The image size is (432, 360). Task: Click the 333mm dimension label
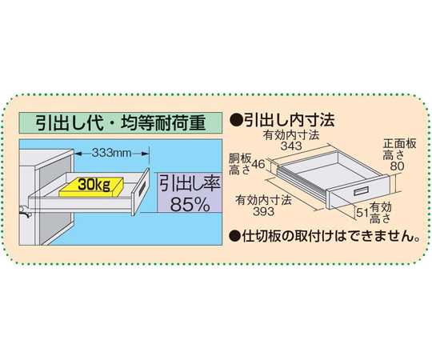coord(111,152)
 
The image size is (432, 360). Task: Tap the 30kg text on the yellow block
coord(94,184)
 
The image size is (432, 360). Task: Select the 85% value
coord(190,204)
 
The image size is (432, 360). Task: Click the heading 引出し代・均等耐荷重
coord(121,123)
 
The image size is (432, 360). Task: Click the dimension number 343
coord(291,146)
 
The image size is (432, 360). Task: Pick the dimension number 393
coord(264,211)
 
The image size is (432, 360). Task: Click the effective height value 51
coord(362,212)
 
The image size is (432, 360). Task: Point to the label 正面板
coord(400,144)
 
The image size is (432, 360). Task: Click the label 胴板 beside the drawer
coord(240,158)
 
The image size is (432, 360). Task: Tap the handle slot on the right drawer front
coord(361,191)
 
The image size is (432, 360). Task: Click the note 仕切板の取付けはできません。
coord(330,236)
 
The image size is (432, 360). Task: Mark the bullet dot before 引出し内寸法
coord(235,120)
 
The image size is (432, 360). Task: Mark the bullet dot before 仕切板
coord(235,236)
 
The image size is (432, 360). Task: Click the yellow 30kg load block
coord(91,187)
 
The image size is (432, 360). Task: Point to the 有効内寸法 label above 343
coord(291,135)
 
